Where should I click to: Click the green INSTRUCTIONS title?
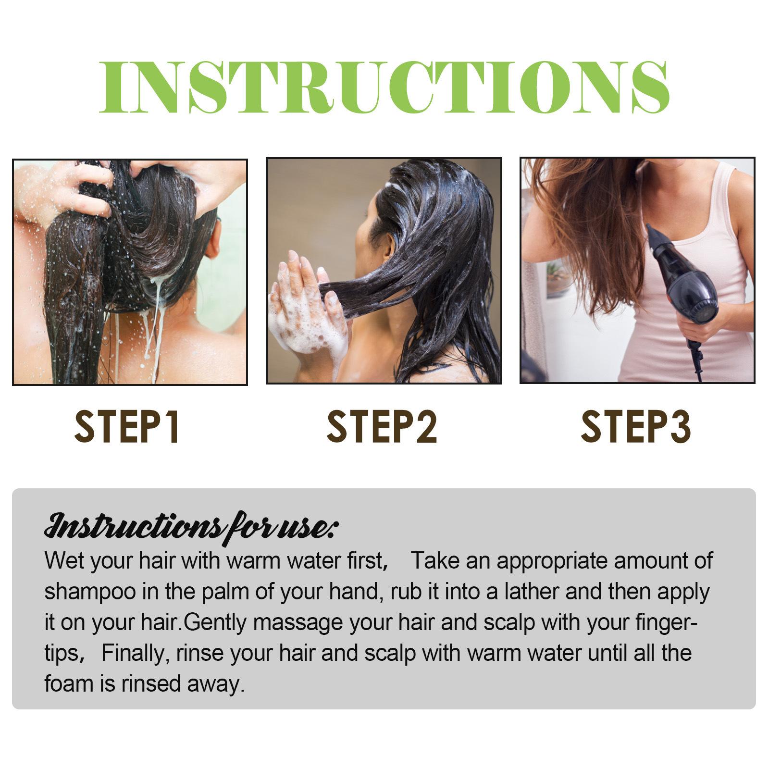[x=384, y=87]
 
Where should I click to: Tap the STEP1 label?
[x=127, y=426]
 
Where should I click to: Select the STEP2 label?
[x=382, y=426]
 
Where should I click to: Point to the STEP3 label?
[x=635, y=426]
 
